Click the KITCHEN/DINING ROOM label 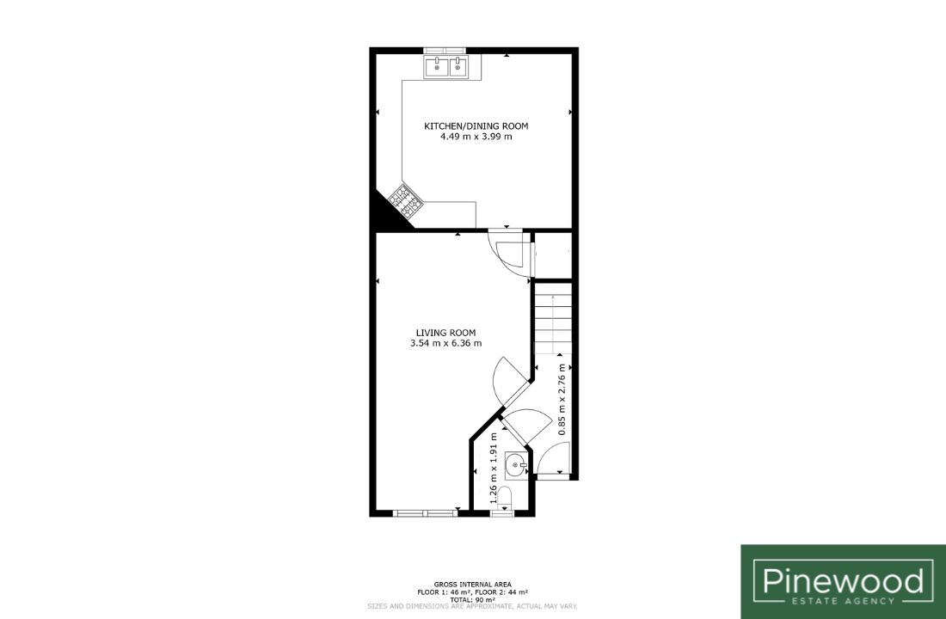coord(476,126)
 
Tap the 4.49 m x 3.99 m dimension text coord(476,137)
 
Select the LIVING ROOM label coord(445,333)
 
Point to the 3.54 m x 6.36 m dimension coord(445,343)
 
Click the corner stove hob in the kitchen coord(405,200)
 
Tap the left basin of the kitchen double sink coord(436,67)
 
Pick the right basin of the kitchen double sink coord(458,67)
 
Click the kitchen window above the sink coord(445,51)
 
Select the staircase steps coord(553,324)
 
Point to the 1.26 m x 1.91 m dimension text coord(494,469)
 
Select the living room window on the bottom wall coord(426,513)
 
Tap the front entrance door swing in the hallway coord(553,458)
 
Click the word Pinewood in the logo coord(843,580)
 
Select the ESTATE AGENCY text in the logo coord(843,601)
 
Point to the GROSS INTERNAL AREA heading coord(472,584)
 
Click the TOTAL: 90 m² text coord(472,599)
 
